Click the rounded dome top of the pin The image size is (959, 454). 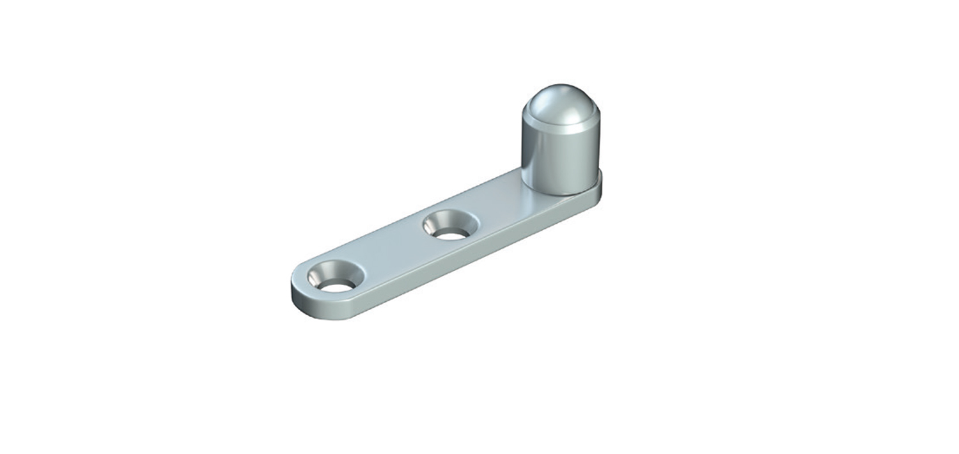coord(561,102)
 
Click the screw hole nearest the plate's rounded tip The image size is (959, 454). coord(335,278)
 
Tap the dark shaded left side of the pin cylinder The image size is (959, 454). coord(531,153)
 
